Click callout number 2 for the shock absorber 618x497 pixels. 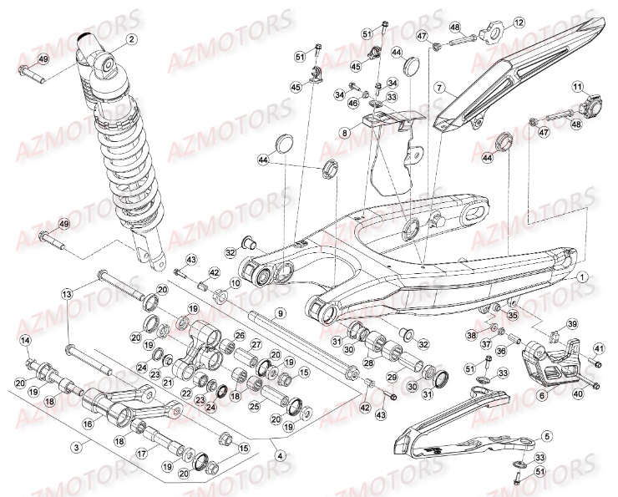coord(131,38)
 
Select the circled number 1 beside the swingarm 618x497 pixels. coord(582,276)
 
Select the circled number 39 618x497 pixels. coord(572,323)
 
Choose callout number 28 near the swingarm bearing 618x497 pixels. coord(367,363)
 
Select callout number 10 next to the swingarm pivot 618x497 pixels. coord(235,284)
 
